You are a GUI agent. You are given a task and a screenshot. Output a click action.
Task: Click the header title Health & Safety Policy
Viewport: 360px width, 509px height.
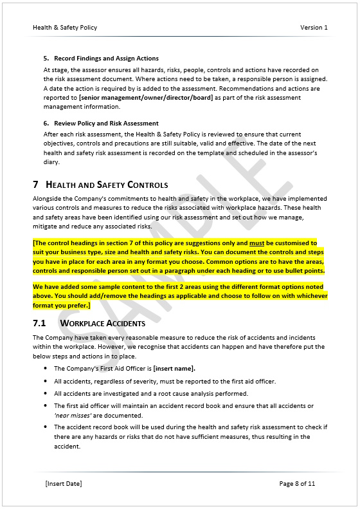click(x=65, y=28)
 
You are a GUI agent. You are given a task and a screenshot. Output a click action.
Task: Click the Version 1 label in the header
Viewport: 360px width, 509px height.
click(x=314, y=28)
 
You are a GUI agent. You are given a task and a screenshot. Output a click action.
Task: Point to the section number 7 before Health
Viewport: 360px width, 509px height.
click(x=36, y=185)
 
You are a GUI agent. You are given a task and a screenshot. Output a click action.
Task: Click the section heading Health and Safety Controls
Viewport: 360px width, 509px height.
click(x=107, y=185)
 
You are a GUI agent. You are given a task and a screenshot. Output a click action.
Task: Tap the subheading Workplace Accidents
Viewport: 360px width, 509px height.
click(x=102, y=323)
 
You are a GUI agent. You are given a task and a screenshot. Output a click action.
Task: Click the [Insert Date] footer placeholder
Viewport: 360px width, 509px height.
click(x=64, y=483)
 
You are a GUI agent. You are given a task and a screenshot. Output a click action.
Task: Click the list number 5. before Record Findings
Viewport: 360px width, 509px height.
click(x=46, y=59)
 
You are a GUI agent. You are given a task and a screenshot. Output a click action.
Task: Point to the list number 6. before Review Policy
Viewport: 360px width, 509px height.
click(x=46, y=123)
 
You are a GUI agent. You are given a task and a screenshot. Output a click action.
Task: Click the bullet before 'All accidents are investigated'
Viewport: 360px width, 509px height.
click(x=46, y=394)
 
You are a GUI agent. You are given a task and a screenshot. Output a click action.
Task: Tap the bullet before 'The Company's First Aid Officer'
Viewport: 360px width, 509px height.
click(x=46, y=369)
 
